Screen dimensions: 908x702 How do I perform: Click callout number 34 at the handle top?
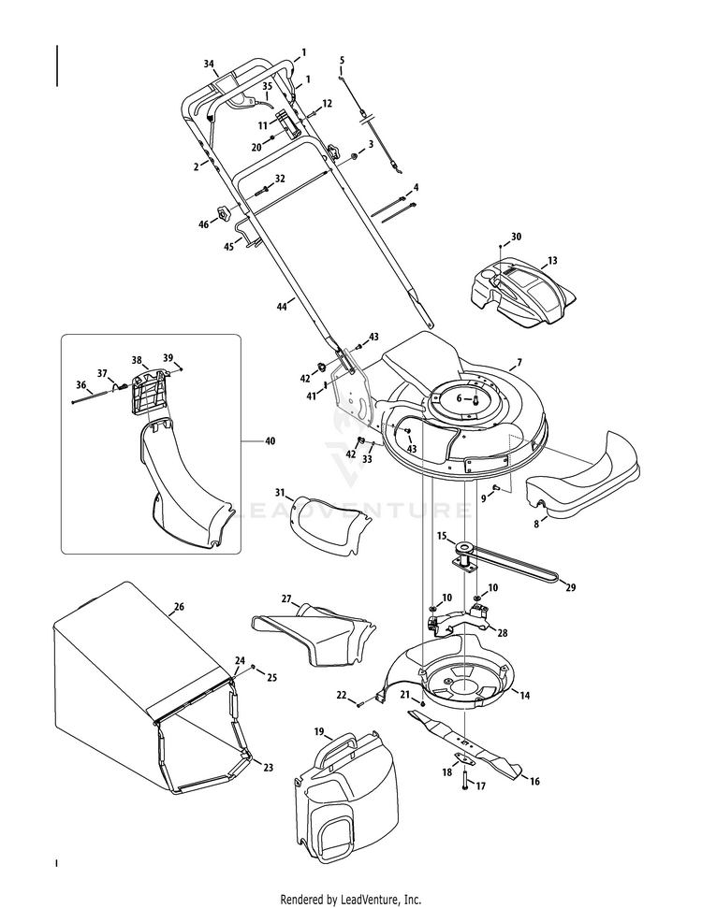[209, 64]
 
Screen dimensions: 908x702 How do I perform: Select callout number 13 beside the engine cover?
[551, 260]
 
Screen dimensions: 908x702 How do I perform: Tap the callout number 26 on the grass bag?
[179, 606]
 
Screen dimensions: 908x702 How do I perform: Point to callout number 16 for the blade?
[535, 781]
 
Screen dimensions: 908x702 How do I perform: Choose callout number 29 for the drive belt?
[570, 587]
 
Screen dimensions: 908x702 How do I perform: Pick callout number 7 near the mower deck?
[519, 362]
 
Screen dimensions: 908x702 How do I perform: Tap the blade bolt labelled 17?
[464, 786]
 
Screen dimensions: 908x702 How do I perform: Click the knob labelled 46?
[225, 214]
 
